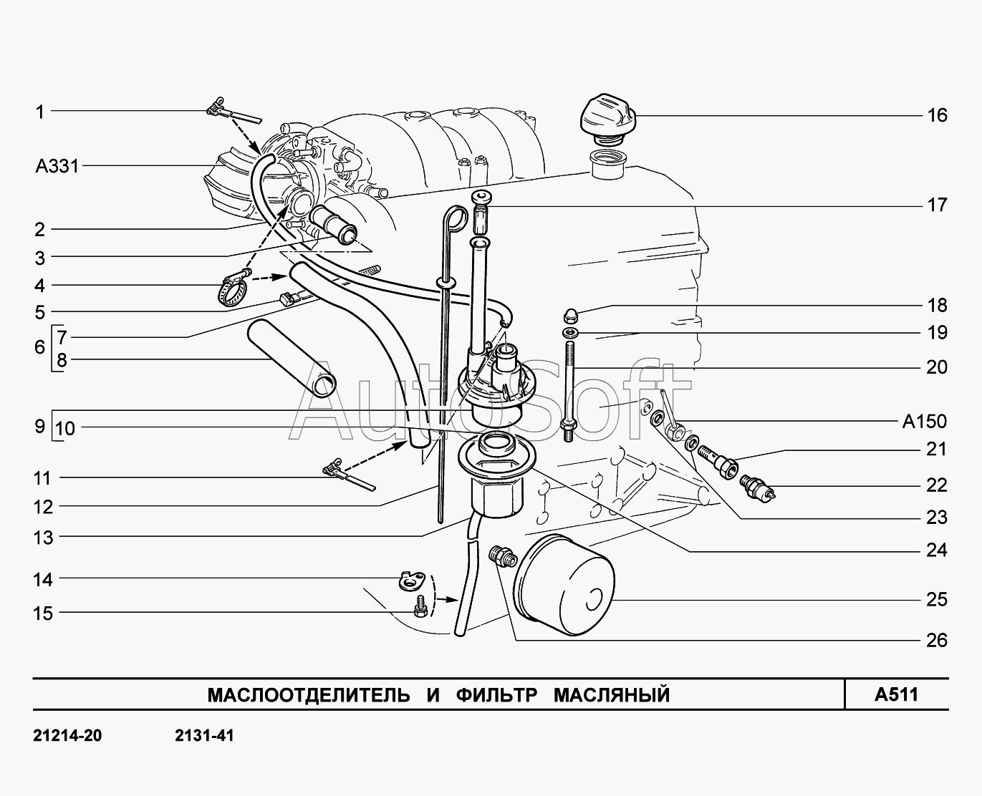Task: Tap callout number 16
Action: pos(937,115)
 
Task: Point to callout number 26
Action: pos(937,640)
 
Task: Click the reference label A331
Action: pos(57,167)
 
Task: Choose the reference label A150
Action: pos(924,422)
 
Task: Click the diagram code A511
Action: pos(896,694)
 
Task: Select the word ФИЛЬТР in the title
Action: pos(495,694)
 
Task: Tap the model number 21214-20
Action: pos(67,736)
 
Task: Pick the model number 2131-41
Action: pos(203,736)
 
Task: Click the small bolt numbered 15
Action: pos(421,609)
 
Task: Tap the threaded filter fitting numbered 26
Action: pos(500,555)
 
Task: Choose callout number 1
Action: pos(40,112)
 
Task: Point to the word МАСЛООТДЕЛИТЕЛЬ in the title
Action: pos(309,694)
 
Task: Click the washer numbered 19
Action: pos(571,334)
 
